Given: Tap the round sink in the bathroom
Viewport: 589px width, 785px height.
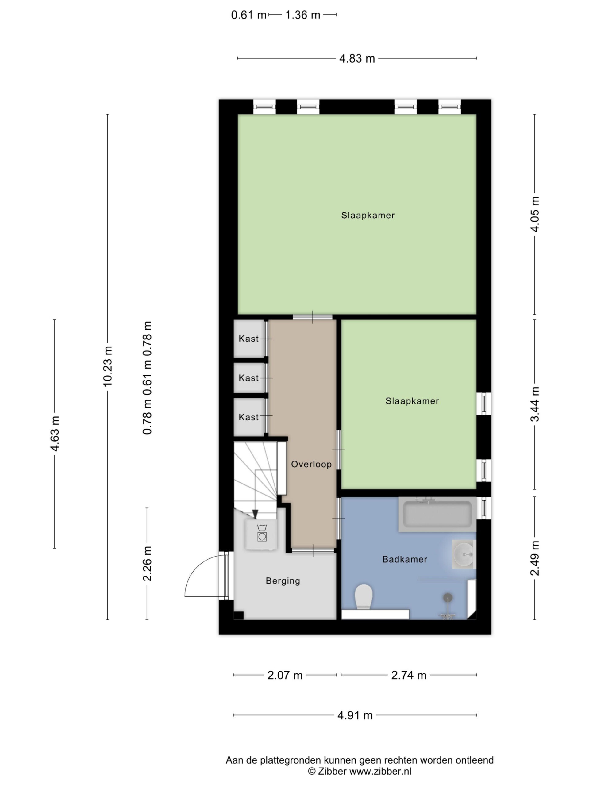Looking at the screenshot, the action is tap(464, 554).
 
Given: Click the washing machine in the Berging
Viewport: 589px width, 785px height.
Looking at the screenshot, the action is tap(262, 534).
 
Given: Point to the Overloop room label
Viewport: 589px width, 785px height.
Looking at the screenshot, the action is tap(311, 464).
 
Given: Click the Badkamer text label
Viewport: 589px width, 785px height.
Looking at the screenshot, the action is tap(405, 560).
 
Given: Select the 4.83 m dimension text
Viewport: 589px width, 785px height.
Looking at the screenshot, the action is tap(357, 59).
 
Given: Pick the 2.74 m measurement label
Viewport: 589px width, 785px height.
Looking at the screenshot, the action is tap(409, 675).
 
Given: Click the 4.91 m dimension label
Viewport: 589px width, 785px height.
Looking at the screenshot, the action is tap(355, 715).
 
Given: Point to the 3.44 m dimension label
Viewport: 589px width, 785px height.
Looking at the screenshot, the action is tap(535, 404).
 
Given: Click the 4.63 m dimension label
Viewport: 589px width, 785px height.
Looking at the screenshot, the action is tap(55, 434).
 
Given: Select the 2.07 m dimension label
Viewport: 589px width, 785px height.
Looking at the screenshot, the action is tap(285, 675).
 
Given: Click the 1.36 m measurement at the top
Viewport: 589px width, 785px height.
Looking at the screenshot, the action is tap(303, 15).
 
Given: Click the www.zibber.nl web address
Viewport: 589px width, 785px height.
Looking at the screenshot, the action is tap(380, 771).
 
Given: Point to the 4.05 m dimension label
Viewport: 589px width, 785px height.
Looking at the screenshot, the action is tap(535, 214).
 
